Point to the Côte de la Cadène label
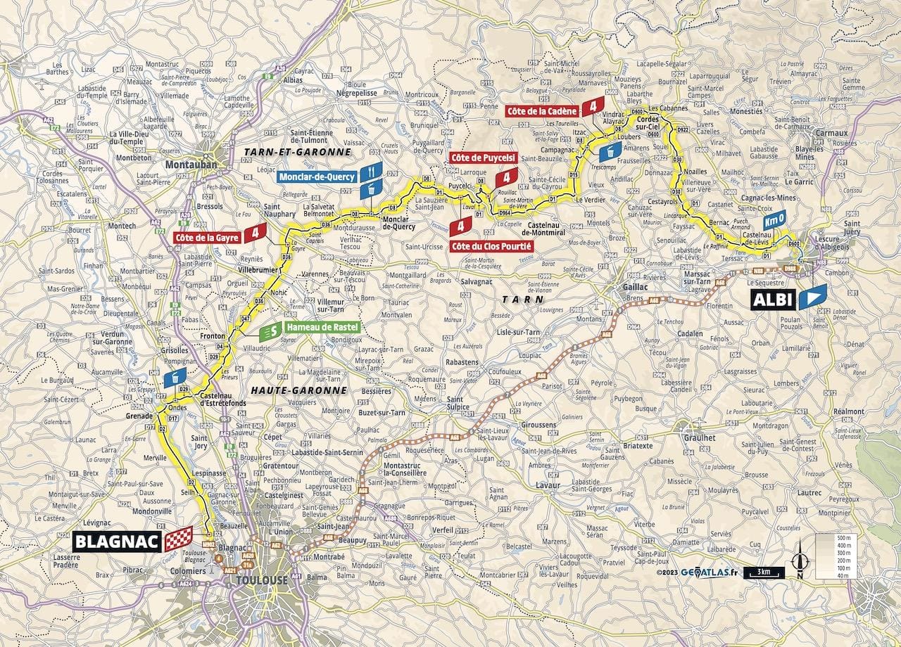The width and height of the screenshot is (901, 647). pyautogui.click(x=543, y=110)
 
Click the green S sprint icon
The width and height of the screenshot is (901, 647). pyautogui.click(x=268, y=331)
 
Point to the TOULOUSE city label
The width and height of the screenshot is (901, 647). pyautogui.click(x=262, y=580)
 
